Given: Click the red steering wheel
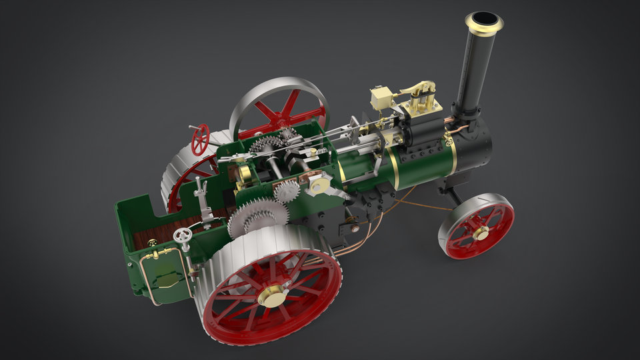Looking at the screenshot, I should [x=200, y=139].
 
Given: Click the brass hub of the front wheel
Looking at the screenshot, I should [x=480, y=232].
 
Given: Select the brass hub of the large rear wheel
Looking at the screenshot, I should [x=273, y=296].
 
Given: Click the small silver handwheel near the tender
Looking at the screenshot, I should [x=182, y=236].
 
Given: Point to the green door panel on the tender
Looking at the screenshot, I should [x=163, y=273].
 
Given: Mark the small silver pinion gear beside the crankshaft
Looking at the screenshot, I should [x=287, y=191].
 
